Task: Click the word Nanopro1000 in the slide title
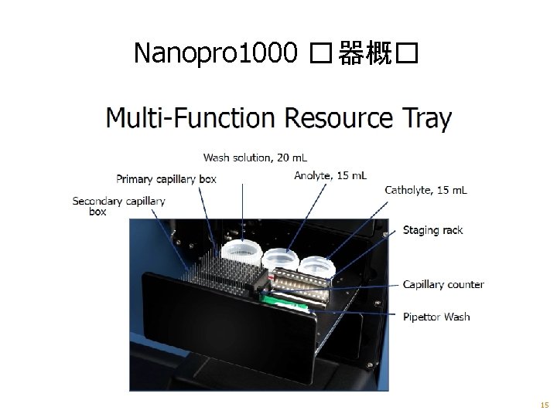click(x=216, y=53)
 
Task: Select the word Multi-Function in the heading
click(x=190, y=118)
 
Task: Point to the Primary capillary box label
click(x=166, y=179)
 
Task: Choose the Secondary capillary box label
click(x=118, y=206)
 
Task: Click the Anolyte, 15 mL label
click(x=330, y=176)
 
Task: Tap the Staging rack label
click(x=432, y=230)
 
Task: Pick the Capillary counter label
click(x=443, y=284)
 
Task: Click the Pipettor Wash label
click(x=436, y=317)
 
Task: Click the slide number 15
click(x=545, y=405)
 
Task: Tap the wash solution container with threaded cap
click(x=241, y=253)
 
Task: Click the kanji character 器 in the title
click(x=354, y=53)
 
